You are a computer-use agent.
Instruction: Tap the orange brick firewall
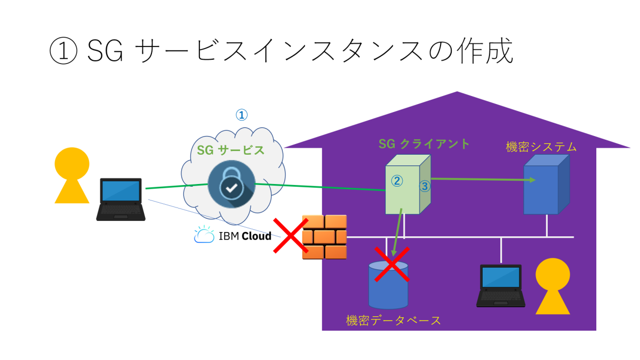pos(324,237)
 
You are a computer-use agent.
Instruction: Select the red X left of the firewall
pos(289,236)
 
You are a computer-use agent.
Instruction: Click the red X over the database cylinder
pos(392,263)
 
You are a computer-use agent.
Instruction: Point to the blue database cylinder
pos(388,288)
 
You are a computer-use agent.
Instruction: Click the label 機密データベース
pos(394,321)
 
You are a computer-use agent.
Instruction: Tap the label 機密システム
pos(541,147)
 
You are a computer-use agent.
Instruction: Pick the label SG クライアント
pos(424,144)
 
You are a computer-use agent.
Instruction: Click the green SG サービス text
pos(230,150)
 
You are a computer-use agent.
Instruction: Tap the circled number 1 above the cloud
pos(242,115)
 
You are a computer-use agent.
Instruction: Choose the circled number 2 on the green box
pos(397,181)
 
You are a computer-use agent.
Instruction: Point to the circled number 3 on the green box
pos(425,186)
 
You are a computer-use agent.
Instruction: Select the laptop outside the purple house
pos(121,199)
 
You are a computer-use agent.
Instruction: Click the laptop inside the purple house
pos(500,285)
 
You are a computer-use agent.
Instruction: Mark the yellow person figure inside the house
pos(552,286)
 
